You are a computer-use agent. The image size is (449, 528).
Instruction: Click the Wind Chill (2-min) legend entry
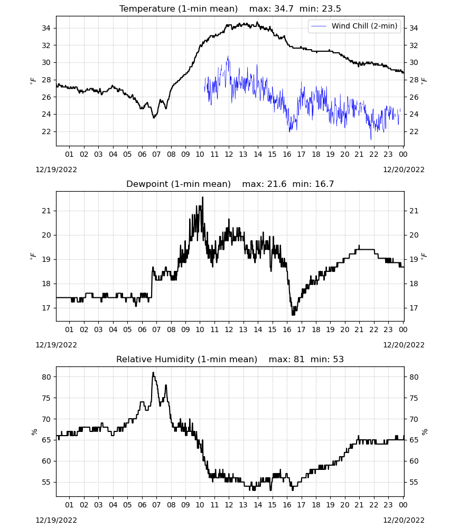click(x=354, y=26)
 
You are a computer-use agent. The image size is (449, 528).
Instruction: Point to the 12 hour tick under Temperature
click(x=229, y=154)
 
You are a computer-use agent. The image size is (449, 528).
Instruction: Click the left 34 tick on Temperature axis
click(x=46, y=28)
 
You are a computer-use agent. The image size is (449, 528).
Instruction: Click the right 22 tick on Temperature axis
click(x=414, y=131)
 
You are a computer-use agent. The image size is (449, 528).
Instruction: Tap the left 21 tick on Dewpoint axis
click(x=46, y=211)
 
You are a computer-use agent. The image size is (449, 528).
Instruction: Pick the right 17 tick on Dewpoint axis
click(x=414, y=308)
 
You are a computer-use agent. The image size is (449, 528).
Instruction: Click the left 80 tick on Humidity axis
click(x=46, y=377)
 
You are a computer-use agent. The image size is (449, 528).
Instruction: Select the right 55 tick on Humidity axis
click(x=414, y=482)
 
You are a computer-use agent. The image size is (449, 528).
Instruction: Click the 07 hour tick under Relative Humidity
click(x=156, y=505)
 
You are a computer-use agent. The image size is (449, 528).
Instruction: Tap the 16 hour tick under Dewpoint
click(x=287, y=329)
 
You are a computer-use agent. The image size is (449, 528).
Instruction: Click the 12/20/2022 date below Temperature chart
click(x=404, y=169)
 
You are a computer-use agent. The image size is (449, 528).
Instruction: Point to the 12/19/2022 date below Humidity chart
click(x=56, y=520)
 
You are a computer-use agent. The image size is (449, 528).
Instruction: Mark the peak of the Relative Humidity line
click(x=153, y=372)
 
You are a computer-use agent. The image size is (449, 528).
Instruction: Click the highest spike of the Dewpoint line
click(x=202, y=197)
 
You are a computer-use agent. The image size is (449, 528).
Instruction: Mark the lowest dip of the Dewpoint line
click(x=293, y=315)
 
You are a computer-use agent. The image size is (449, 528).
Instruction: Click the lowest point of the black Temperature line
click(x=154, y=118)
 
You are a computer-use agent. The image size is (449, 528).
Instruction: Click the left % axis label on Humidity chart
click(x=34, y=432)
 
